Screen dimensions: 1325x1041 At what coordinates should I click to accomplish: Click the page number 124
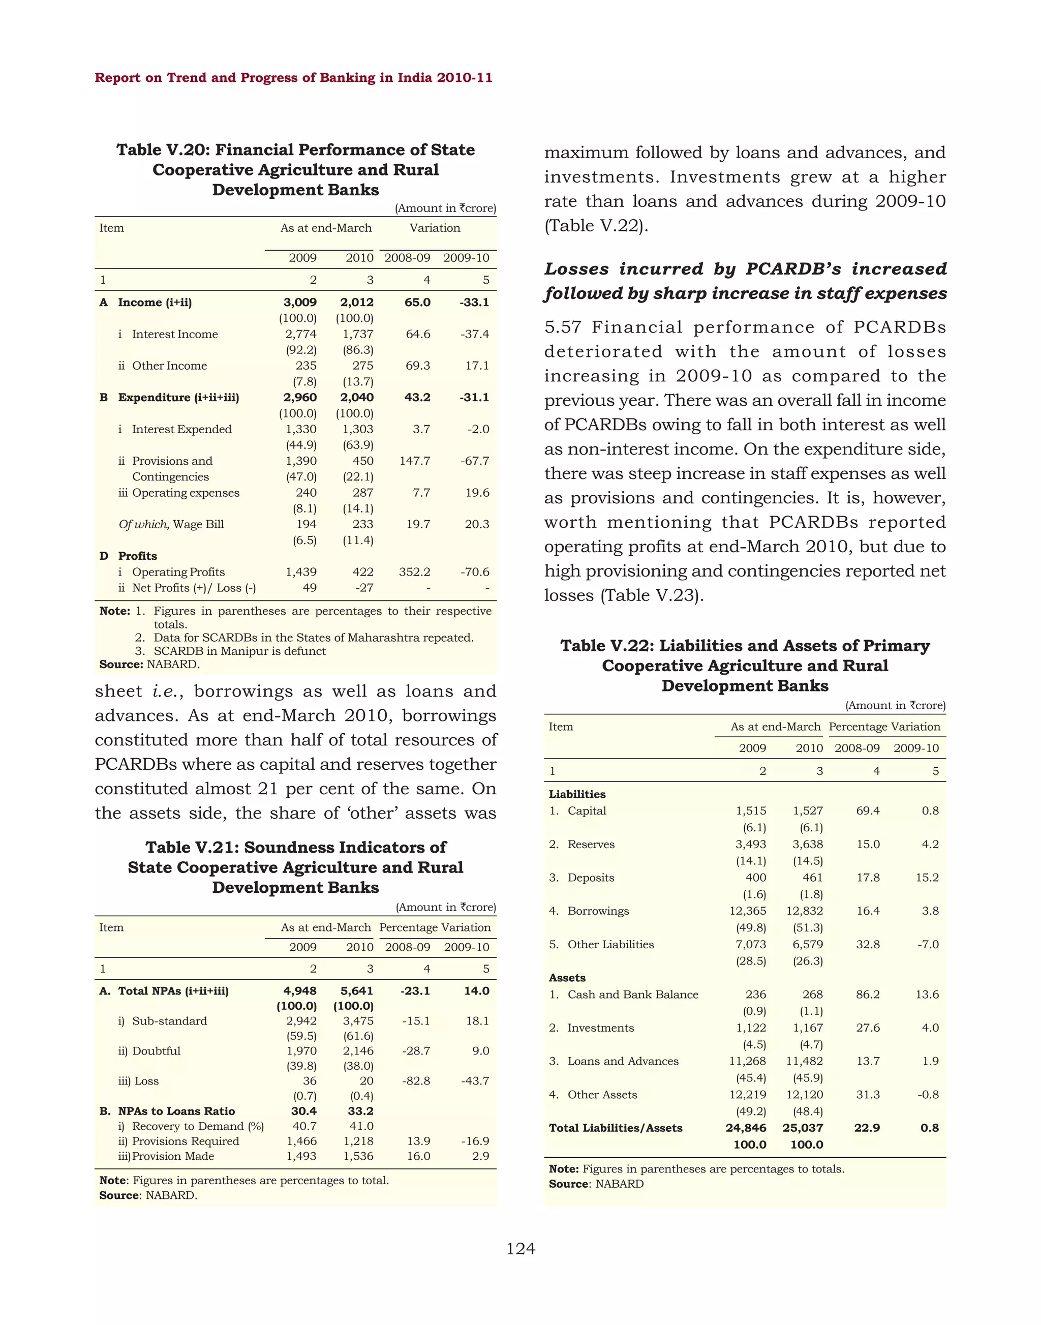(520, 1249)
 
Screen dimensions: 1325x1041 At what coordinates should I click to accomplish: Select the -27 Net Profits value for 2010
(364, 588)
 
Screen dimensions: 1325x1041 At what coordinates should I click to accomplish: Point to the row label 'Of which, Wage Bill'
(171, 524)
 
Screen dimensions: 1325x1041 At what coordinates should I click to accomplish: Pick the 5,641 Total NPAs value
(356, 991)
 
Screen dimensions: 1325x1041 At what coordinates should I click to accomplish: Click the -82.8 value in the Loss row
(416, 1080)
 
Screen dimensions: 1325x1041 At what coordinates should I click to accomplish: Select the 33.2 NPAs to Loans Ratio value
(360, 1111)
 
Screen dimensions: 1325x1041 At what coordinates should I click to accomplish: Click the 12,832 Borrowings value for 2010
(805, 911)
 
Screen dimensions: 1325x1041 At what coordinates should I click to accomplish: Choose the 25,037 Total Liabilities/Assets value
(803, 1128)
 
